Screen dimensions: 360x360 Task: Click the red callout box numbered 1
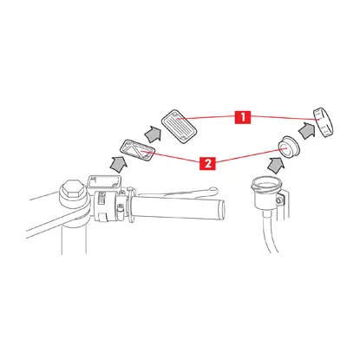[x=243, y=117]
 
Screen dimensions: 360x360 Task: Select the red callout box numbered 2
[x=207, y=164]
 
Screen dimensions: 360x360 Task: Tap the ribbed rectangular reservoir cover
[x=180, y=127]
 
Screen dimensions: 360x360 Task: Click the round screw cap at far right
[x=324, y=122]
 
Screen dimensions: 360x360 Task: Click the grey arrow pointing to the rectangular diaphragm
[x=118, y=165]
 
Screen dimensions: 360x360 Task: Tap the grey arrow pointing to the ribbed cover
[x=153, y=134]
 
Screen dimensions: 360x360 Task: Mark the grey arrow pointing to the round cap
[x=307, y=130]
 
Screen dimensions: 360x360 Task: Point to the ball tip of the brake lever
[x=213, y=190]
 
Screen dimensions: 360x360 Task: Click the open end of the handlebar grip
[x=222, y=209]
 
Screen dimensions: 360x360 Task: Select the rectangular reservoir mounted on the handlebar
[x=104, y=183]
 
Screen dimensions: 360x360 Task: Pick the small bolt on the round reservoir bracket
[x=278, y=200]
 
